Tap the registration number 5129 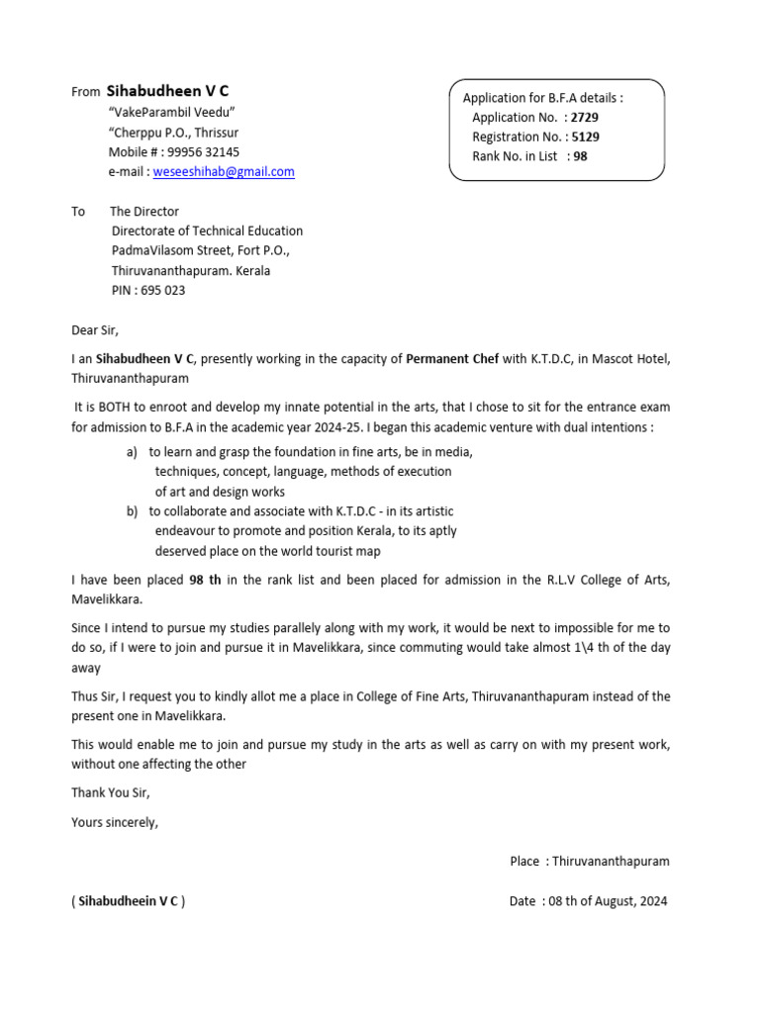point(586,137)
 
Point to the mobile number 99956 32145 point(203,151)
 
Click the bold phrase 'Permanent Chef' point(452,358)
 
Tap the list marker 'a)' point(133,452)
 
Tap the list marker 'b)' point(133,511)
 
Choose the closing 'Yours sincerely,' point(115,821)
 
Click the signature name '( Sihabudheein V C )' point(128,901)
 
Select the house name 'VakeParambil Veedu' point(172,112)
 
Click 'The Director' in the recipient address point(144,211)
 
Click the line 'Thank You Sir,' point(111,792)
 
